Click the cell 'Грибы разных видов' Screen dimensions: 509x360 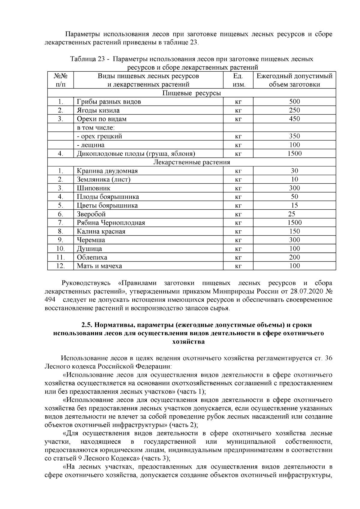click(109, 102)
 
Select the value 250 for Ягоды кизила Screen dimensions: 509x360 click(294, 110)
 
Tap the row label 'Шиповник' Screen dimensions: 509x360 click(94, 188)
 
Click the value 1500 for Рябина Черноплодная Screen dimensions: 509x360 click(294, 223)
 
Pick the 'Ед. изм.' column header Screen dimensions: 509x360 click(238, 80)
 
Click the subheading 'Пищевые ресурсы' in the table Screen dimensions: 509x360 click(191, 93)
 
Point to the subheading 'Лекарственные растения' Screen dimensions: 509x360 click(191, 162)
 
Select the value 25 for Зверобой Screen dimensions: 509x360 click(291, 214)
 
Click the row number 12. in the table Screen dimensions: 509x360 click(61, 266)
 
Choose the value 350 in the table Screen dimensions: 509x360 click(294, 136)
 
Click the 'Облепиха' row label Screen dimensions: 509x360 click(92, 257)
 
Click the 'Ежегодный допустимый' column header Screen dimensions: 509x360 click(294, 76)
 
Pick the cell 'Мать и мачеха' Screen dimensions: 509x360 click(99, 266)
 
